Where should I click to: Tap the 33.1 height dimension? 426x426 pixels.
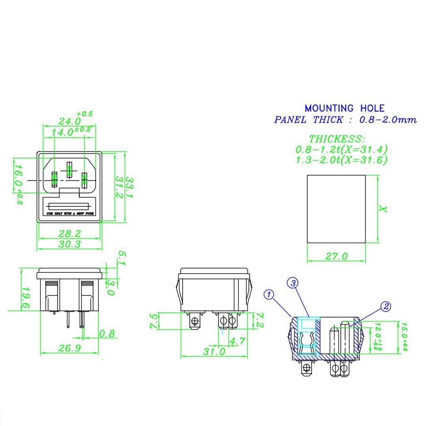[x=129, y=187]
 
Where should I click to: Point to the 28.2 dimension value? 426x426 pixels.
[x=69, y=233]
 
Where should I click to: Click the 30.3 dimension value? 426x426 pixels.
[x=69, y=244]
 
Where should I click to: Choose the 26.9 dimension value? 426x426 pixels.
[x=69, y=348]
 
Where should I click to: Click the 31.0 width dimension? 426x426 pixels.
[x=214, y=352]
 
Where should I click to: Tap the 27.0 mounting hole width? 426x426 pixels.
[x=336, y=256]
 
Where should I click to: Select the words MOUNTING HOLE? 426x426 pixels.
[x=344, y=109]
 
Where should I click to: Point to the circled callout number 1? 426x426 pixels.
[x=270, y=295]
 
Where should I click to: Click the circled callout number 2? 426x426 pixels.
[x=386, y=307]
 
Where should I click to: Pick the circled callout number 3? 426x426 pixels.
[x=293, y=283]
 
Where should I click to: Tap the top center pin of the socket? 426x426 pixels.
[x=69, y=170]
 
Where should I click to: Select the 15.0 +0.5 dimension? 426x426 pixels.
[x=404, y=336]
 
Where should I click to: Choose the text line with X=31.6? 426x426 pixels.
[x=341, y=160]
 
